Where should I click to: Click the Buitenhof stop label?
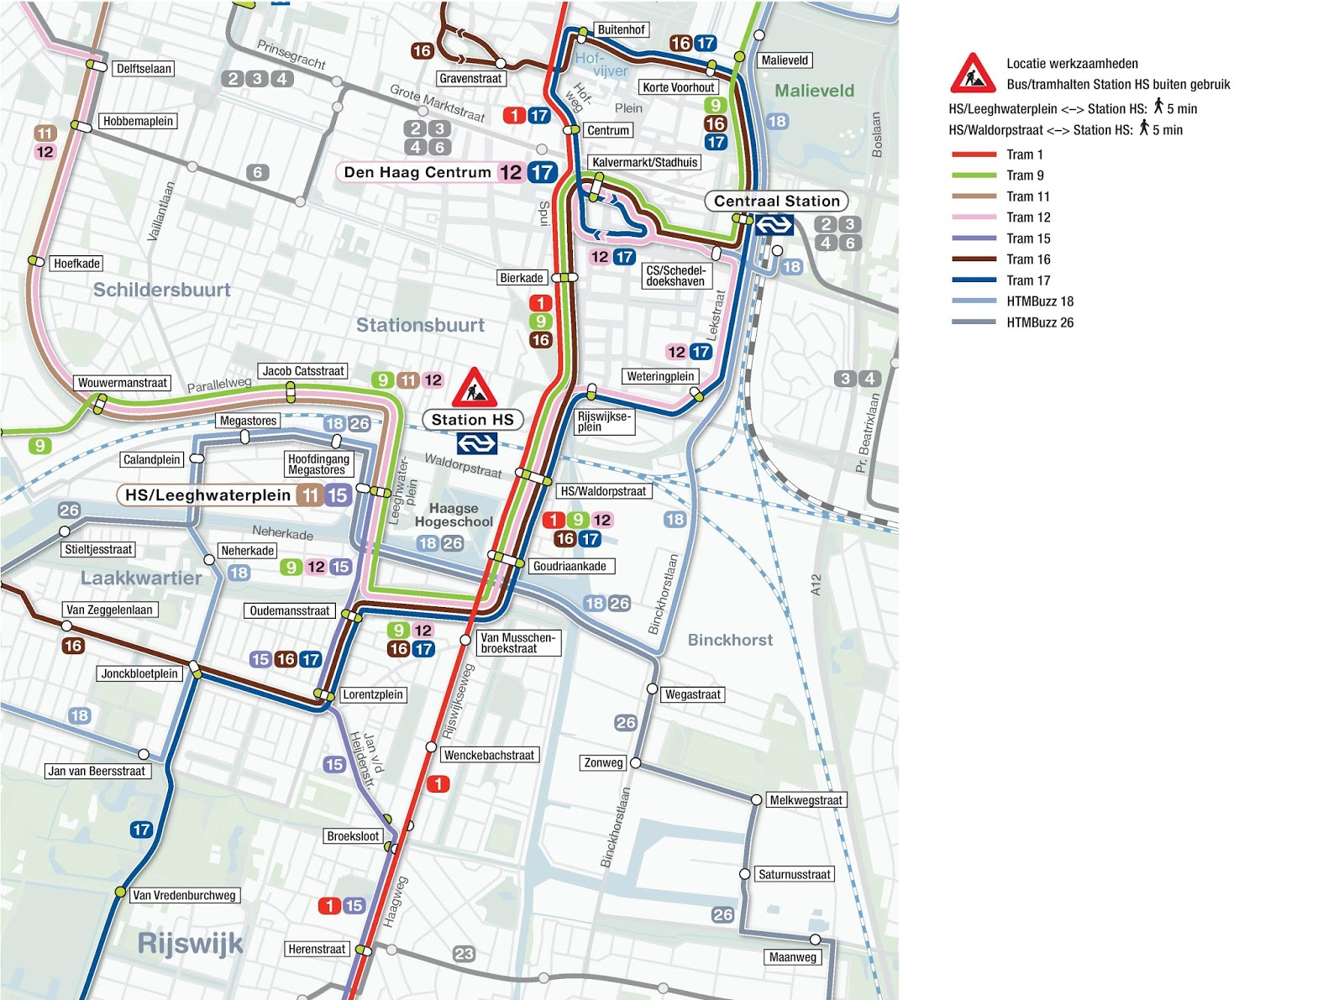tap(621, 30)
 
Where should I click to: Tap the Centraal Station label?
tap(776, 202)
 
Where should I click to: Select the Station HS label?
tap(472, 420)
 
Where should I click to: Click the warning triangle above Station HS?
tap(475, 388)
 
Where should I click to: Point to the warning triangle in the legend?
tap(973, 75)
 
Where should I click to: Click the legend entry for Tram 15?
tap(1028, 238)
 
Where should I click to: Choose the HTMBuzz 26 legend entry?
tap(1040, 322)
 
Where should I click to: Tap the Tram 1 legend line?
tap(974, 154)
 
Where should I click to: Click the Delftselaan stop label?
tap(144, 69)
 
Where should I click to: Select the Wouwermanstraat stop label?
tap(123, 383)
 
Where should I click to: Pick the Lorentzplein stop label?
tap(373, 694)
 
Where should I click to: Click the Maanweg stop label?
tap(792, 957)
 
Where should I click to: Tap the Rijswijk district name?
tap(190, 943)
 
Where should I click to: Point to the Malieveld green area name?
tap(814, 91)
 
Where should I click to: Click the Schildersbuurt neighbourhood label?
tap(161, 290)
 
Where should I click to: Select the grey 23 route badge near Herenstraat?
tap(464, 953)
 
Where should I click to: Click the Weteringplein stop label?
tap(660, 376)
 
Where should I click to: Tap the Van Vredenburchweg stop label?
tap(184, 895)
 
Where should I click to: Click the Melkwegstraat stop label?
tap(806, 800)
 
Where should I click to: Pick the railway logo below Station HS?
tap(476, 443)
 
